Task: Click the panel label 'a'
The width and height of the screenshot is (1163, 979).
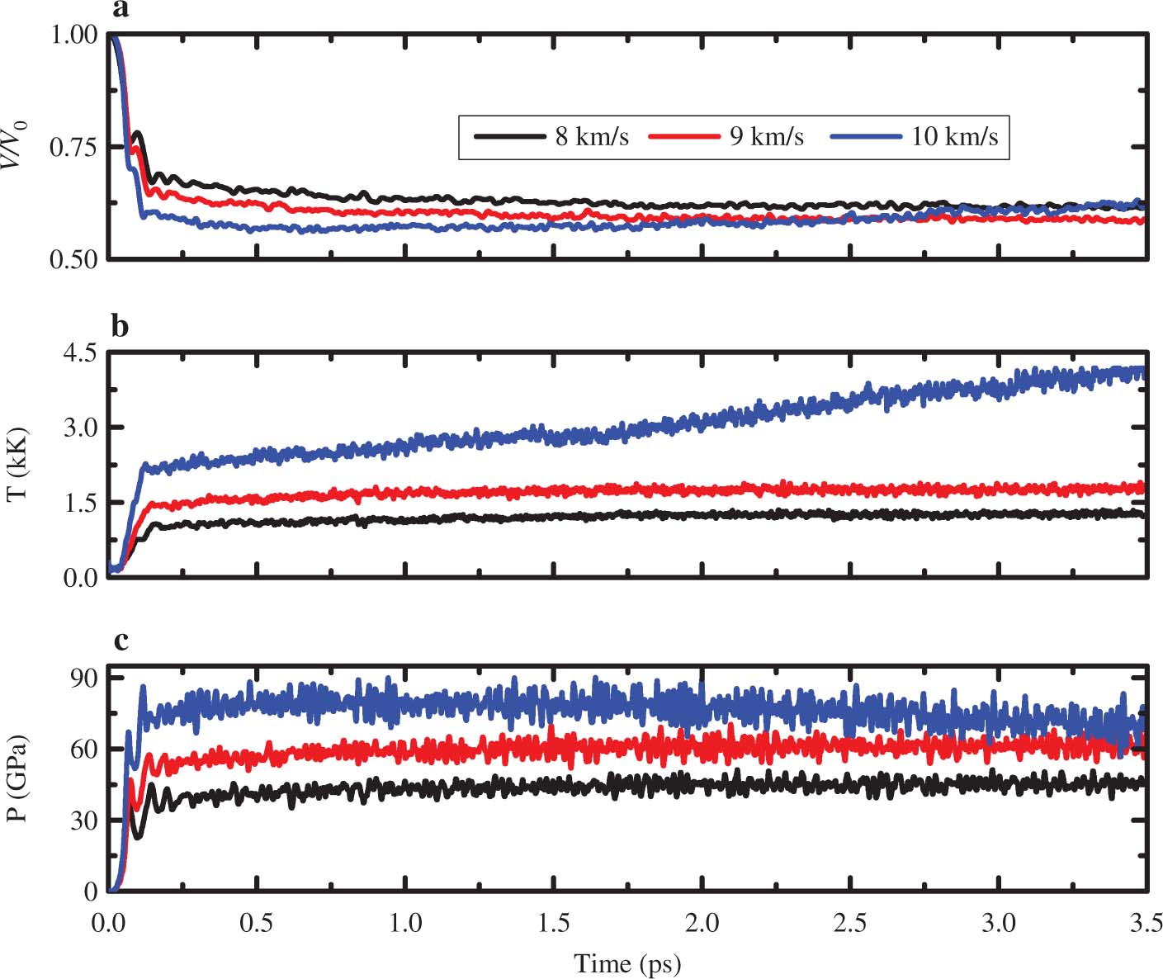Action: tap(121, 9)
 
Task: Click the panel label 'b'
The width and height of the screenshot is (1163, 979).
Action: tap(121, 327)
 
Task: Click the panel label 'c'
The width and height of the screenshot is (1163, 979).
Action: tap(121, 640)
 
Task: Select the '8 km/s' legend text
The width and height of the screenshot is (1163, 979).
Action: tap(592, 136)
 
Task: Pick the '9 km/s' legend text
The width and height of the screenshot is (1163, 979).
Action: tap(766, 136)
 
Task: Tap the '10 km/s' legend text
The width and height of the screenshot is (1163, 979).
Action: tap(954, 136)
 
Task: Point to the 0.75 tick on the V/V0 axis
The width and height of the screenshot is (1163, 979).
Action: tap(73, 147)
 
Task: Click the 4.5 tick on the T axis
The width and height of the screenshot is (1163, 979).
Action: tap(80, 352)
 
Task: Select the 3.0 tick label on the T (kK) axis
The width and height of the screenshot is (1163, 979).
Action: tap(80, 428)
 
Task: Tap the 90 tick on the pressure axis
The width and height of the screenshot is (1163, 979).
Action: tap(84, 678)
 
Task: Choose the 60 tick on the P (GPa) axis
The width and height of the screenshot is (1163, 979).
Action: tap(84, 749)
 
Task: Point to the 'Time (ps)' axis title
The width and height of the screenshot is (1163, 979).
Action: tap(627, 962)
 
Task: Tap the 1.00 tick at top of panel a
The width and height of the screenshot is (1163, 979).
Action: tap(73, 35)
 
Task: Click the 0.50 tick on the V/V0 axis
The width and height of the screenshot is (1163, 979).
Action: tap(73, 259)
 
